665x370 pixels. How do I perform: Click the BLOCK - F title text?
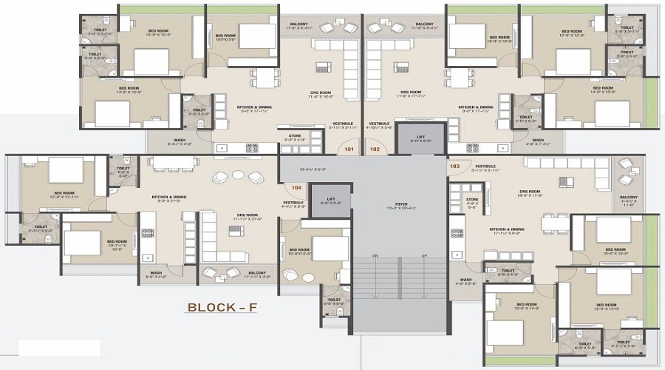point(222,307)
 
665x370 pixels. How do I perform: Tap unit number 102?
point(375,149)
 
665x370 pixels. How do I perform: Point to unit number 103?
point(454,166)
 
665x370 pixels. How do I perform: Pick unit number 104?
point(296,188)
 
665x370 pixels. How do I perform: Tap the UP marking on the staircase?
point(423,255)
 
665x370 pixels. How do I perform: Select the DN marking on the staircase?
point(375,255)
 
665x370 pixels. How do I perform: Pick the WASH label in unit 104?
point(156,274)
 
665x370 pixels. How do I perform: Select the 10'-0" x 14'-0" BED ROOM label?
point(526,306)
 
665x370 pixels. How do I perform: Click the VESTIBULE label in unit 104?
point(293,204)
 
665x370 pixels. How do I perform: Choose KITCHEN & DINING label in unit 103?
point(506,231)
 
